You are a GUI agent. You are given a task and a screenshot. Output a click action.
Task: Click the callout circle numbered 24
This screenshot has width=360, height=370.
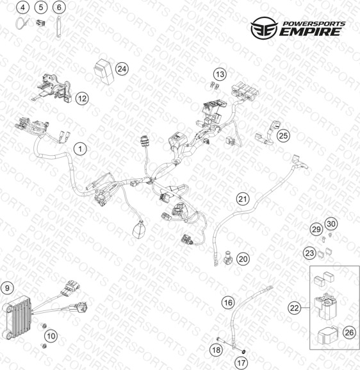tap(122, 69)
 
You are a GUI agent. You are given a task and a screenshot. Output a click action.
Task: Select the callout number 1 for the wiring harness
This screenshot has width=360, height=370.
tap(80, 149)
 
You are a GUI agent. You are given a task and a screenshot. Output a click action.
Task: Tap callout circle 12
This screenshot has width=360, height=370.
tap(82, 98)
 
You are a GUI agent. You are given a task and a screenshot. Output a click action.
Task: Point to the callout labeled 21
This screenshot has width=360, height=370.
tap(243, 199)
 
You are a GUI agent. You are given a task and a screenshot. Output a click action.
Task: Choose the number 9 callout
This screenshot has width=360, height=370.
tap(7, 288)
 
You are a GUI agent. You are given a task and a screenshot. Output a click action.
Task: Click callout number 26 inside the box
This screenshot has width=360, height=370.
tap(349, 333)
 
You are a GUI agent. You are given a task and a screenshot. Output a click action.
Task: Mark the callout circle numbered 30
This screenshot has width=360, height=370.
tap(331, 224)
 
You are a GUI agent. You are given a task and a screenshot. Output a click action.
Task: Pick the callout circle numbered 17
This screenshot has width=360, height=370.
tap(241, 362)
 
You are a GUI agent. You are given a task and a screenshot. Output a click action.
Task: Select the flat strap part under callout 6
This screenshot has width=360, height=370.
tap(58, 27)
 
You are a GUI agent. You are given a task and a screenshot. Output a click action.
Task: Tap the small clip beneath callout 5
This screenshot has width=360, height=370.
tap(40, 23)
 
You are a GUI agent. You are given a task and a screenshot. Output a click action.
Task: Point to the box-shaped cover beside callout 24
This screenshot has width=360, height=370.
tap(103, 71)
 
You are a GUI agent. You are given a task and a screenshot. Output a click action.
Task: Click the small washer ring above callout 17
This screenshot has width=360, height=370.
tap(243, 351)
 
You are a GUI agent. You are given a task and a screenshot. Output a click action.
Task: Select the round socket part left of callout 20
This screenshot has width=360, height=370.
tap(227, 258)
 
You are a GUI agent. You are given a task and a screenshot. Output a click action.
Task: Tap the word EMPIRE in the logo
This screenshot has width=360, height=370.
tap(311, 32)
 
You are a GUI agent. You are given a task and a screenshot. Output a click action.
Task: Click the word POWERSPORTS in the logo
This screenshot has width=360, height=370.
tap(314, 24)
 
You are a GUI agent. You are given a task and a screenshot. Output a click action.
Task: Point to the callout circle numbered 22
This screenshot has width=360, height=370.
tap(294, 308)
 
